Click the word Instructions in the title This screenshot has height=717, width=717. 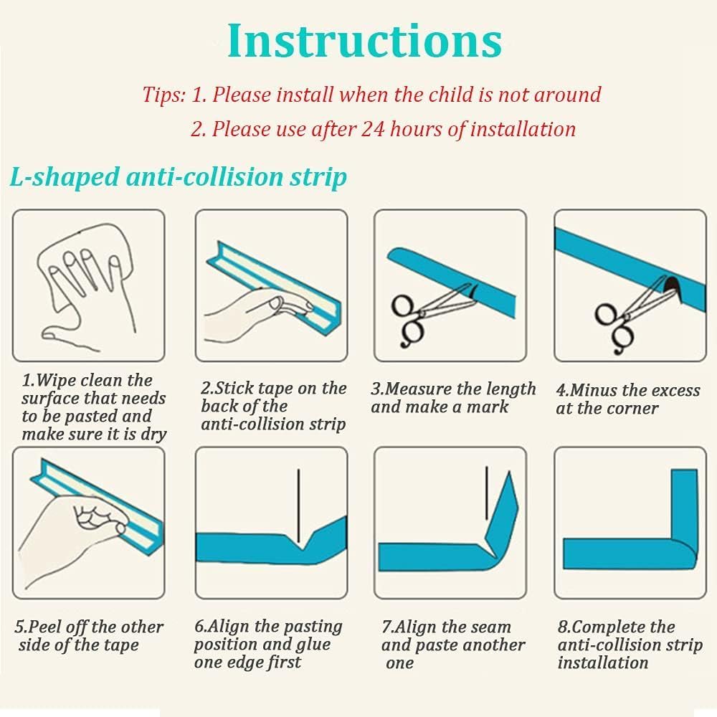point(365,41)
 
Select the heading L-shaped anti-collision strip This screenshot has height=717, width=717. point(179,177)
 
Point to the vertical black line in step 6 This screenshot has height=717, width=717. point(298,505)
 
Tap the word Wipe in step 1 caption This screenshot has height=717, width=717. point(49,381)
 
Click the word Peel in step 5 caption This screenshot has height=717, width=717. point(42,627)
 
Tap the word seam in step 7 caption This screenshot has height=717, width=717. point(491,627)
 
